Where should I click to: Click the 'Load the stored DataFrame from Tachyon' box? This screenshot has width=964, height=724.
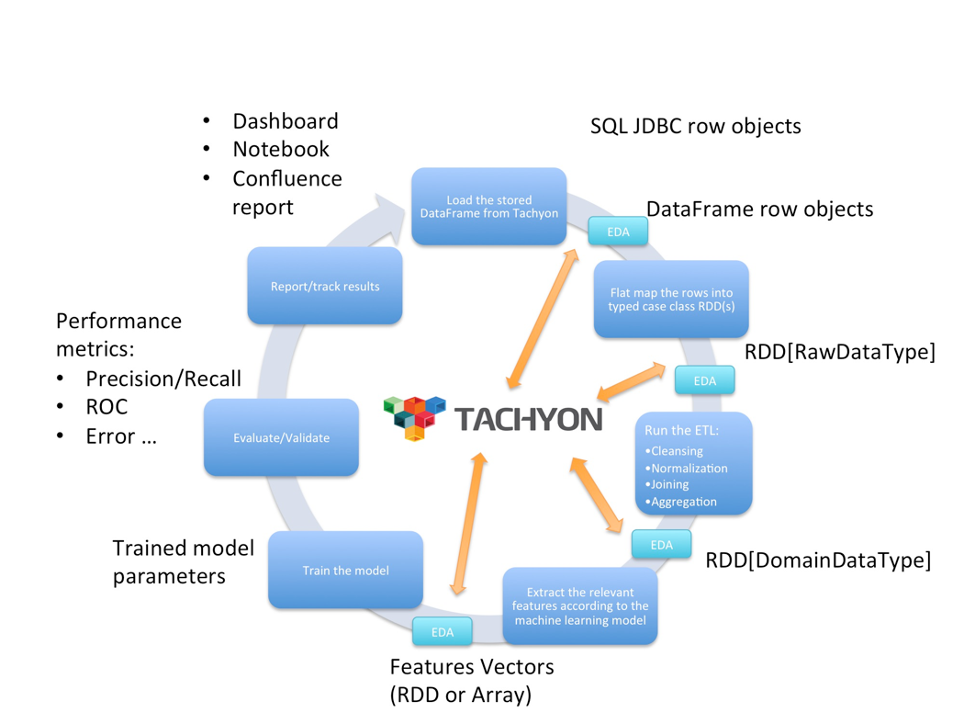[x=488, y=206]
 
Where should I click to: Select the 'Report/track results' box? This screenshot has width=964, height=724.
[x=324, y=286]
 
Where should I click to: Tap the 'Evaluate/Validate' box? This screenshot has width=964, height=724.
[x=281, y=437]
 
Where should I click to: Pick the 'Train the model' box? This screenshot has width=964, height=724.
[x=345, y=570]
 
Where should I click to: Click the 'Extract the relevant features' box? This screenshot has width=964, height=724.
[x=580, y=605]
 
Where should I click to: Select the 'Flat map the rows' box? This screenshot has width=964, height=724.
[x=671, y=299]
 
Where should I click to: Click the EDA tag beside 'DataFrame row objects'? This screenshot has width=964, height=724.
[x=618, y=232]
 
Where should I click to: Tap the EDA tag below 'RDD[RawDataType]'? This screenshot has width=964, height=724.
[x=704, y=380]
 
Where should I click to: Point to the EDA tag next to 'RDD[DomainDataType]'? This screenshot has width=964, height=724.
[x=661, y=545]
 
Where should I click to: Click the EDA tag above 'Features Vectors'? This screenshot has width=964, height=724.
[x=442, y=631]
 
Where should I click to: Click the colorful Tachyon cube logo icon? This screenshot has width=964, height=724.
[x=414, y=417]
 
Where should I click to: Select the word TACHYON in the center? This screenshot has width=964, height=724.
[x=529, y=420]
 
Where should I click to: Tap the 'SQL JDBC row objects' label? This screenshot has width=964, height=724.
[x=695, y=126]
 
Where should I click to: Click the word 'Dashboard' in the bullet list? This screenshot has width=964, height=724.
[x=285, y=121]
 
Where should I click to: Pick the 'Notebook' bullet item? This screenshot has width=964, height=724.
[x=280, y=149]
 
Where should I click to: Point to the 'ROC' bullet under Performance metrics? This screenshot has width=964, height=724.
[x=106, y=406]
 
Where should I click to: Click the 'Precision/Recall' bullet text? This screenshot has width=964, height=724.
[x=163, y=379]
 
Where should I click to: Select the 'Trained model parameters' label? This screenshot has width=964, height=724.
[x=183, y=562]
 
